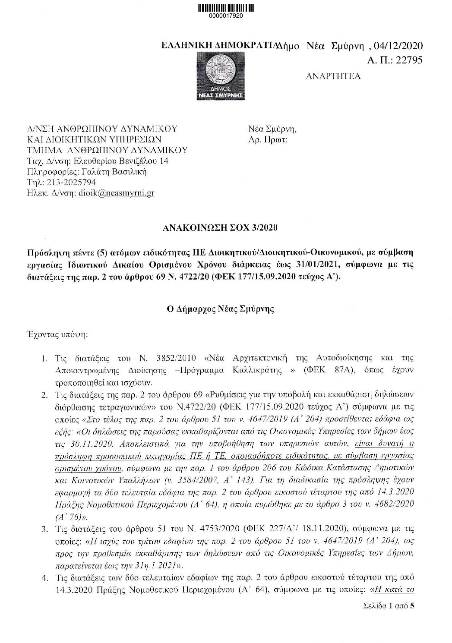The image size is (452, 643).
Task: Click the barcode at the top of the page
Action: point(226,8)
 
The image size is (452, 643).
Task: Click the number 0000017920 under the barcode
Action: point(226,16)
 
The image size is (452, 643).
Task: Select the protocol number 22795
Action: point(407,60)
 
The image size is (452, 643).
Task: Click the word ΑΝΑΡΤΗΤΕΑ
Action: point(333,76)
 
